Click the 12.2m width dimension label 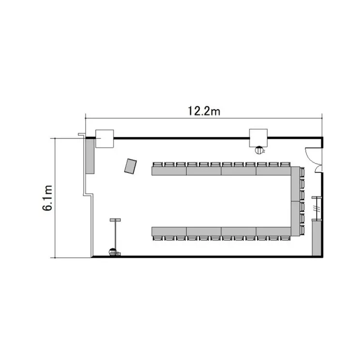click(204, 111)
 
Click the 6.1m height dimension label click(47, 197)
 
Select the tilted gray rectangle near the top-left click(130, 166)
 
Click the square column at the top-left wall click(105, 139)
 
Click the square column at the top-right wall click(258, 138)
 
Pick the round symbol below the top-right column click(259, 151)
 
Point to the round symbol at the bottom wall click(112, 252)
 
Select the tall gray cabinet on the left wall click(90, 156)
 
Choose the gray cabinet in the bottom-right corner click(316, 238)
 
